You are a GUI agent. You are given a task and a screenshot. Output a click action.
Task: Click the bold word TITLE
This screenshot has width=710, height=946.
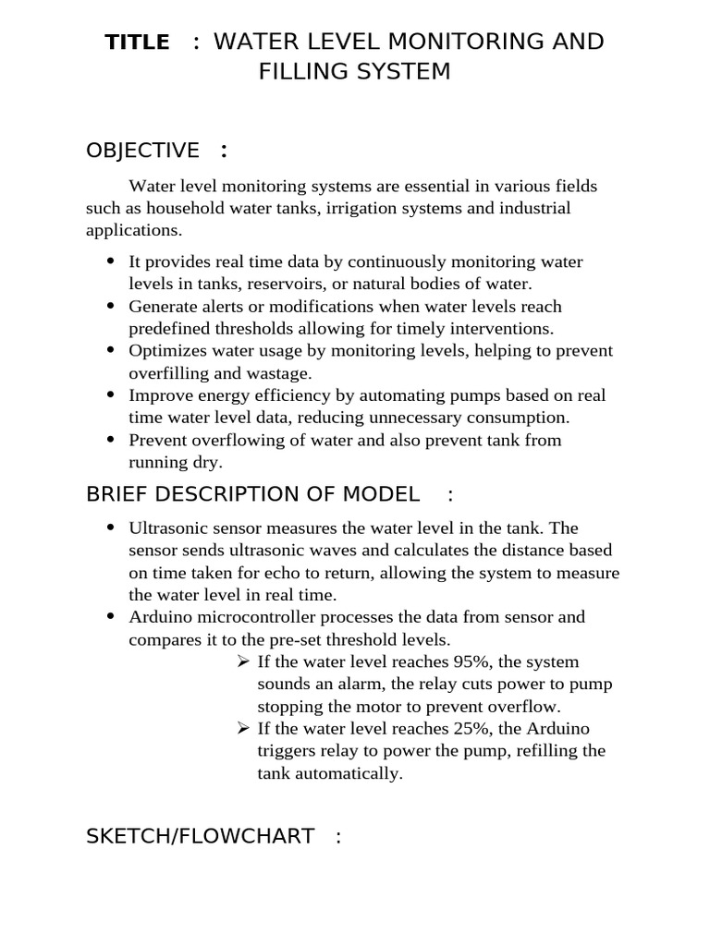pyautogui.click(x=137, y=42)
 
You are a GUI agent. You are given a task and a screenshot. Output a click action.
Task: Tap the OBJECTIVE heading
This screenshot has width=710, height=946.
pyautogui.click(x=142, y=151)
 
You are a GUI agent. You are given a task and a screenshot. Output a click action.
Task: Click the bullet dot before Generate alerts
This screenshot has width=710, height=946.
pyautogui.click(x=111, y=306)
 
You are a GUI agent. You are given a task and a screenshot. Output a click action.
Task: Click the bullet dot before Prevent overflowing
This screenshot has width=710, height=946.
pyautogui.click(x=111, y=440)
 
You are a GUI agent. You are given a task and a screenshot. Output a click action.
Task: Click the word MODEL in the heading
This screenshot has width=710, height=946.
pyautogui.click(x=381, y=494)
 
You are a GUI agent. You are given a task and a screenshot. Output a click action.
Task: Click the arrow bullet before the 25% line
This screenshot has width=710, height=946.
pyautogui.click(x=242, y=729)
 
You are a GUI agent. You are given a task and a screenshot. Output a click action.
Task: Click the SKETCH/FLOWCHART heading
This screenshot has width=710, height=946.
pyautogui.click(x=200, y=837)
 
